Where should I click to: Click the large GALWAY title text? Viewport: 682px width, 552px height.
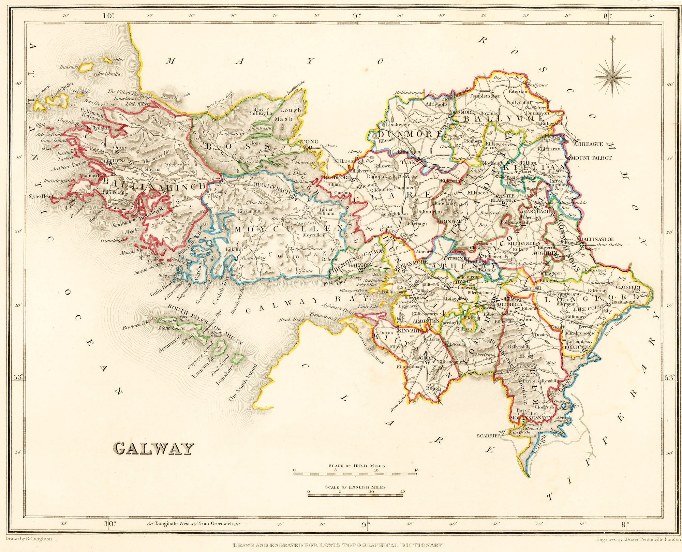click(x=153, y=449)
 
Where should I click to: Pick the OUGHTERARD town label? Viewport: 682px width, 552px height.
click(x=271, y=184)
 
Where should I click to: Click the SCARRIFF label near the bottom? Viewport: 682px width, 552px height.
click(x=488, y=435)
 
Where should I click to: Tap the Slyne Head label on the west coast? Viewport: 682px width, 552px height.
click(x=41, y=196)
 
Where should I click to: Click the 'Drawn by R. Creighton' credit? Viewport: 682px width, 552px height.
click(x=29, y=539)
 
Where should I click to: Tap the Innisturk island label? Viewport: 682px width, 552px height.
click(x=70, y=67)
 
